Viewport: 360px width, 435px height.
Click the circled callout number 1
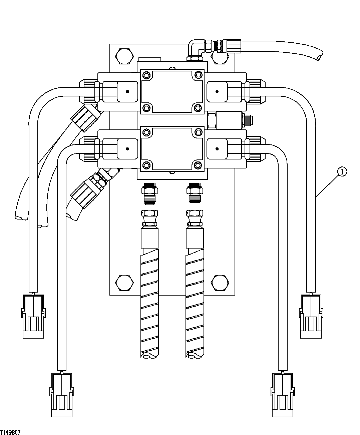coord(342,171)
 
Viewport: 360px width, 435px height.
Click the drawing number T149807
coord(10,432)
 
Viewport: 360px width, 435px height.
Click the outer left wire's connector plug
coord(33,316)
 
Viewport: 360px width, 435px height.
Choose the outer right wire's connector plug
coord(311,316)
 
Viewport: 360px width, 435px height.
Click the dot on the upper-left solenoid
coord(127,91)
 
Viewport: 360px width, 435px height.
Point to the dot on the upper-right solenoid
coord(217,91)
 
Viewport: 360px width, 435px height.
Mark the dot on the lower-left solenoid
coord(127,149)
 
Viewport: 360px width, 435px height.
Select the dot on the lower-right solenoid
coord(217,149)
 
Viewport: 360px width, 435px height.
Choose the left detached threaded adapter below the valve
coord(149,194)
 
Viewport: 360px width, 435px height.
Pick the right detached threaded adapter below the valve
coord(195,194)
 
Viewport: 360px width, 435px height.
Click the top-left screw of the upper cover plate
coord(146,74)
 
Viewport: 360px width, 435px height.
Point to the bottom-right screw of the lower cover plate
coord(198,165)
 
